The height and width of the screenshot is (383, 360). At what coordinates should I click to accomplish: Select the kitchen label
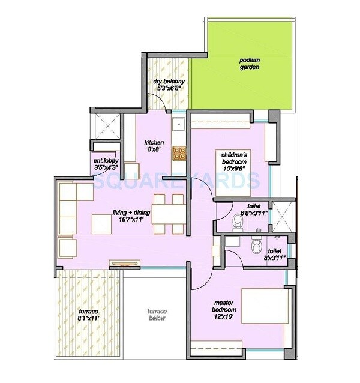154,143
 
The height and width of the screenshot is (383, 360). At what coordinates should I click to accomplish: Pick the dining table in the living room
167,213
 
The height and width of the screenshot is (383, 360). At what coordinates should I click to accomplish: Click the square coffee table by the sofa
101,223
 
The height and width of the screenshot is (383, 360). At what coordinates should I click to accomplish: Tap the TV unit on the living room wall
125,263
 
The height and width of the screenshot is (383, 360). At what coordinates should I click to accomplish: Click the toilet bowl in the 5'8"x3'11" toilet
238,222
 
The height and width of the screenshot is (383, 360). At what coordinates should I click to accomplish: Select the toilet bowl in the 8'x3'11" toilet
257,246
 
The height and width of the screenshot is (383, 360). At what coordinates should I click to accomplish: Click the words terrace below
157,315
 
